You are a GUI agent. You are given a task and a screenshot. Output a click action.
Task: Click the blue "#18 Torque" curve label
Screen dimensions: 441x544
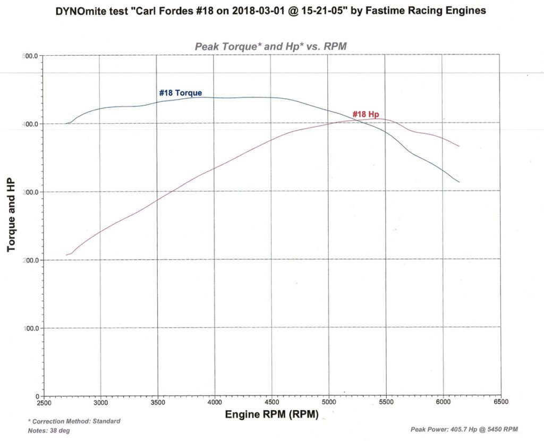point(180,93)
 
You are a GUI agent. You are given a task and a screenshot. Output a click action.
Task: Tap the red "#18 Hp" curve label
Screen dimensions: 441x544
point(365,114)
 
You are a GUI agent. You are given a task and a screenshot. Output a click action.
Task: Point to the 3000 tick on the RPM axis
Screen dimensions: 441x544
point(100,402)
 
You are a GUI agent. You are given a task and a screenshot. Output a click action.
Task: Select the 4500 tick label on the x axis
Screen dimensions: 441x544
point(271,402)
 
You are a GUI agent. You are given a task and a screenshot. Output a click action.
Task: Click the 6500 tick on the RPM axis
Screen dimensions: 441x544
point(500,402)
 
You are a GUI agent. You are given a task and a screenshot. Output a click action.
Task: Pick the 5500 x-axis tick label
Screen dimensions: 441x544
point(386,402)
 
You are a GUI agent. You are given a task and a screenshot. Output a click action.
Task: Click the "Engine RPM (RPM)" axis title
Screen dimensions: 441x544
point(271,415)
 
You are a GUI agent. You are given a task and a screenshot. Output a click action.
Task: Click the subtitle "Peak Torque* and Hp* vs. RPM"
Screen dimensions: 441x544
point(271,47)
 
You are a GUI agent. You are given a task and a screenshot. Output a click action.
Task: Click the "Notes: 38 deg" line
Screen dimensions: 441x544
point(48,430)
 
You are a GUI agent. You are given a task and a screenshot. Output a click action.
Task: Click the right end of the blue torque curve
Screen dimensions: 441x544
point(459,182)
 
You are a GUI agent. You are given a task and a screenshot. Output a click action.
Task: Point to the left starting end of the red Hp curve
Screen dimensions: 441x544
point(66,255)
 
